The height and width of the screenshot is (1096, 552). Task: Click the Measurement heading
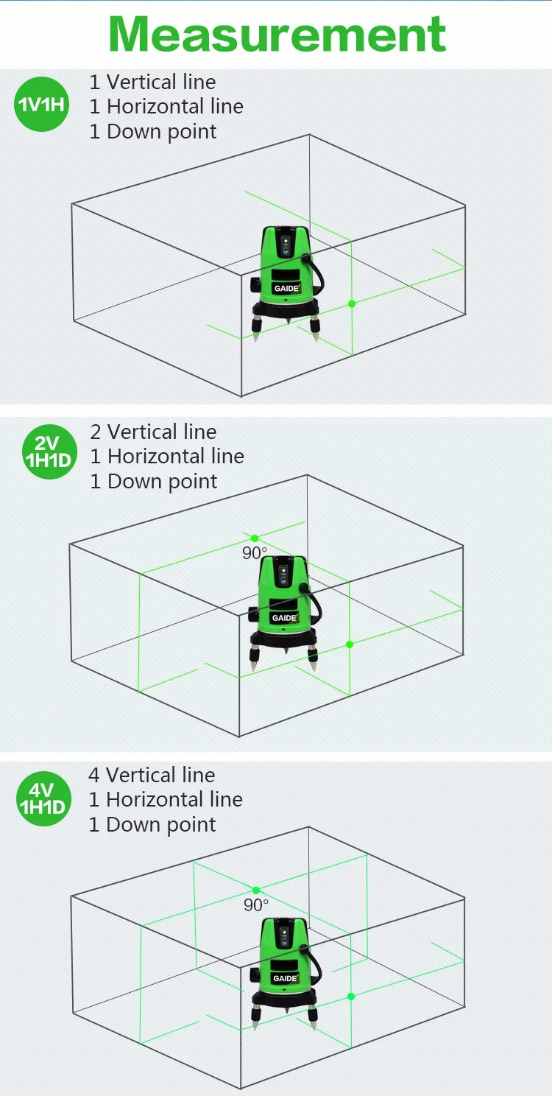point(277,33)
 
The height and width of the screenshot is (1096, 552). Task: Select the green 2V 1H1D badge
point(49,451)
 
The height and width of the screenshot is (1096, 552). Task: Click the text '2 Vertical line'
point(153,432)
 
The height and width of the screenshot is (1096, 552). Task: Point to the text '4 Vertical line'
point(152,775)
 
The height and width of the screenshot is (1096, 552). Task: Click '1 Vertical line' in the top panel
point(152,82)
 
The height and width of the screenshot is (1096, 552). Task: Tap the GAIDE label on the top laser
point(285,288)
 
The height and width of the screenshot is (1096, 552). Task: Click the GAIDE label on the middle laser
point(284,617)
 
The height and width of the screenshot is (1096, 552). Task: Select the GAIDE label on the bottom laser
point(284,978)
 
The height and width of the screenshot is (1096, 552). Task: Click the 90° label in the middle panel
point(254,553)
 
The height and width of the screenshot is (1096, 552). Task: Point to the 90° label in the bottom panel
point(255,904)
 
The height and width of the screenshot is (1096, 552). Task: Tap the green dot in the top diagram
point(352,303)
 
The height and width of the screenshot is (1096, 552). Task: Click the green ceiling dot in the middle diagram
point(255,538)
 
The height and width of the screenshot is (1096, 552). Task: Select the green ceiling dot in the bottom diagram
point(256,890)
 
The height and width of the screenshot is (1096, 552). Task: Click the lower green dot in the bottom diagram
point(350,997)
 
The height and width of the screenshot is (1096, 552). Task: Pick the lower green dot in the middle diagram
point(350,644)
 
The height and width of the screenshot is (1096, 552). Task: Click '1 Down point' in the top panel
point(153,132)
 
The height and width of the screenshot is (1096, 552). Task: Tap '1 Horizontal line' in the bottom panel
point(166,799)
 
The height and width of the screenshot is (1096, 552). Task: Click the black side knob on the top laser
point(255,284)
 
